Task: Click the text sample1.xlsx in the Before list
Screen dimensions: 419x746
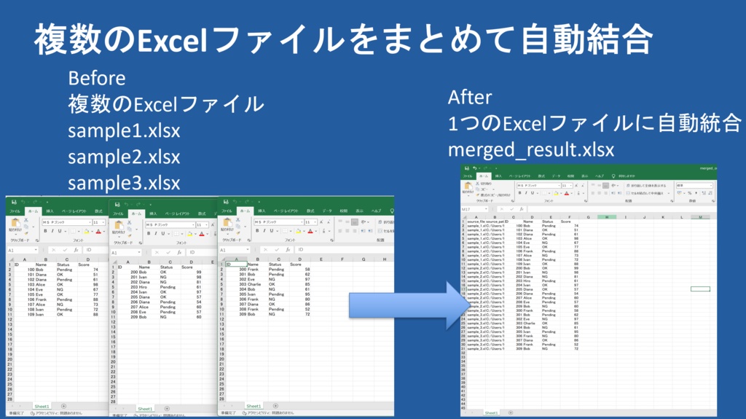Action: pos(124,131)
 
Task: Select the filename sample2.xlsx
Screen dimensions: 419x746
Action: pos(124,157)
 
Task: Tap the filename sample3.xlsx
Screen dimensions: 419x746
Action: pos(124,182)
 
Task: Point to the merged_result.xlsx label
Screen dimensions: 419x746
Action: pos(530,150)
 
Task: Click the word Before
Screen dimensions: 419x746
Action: pos(96,78)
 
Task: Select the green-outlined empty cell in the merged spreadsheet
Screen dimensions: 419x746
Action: pos(699,289)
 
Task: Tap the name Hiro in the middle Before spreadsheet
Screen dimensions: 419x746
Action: pos(144,287)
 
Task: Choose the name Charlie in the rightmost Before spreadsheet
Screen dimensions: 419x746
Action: pos(252,283)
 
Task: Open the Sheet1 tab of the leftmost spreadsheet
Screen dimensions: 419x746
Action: pos(42,406)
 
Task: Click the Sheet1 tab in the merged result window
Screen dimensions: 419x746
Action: pos(492,412)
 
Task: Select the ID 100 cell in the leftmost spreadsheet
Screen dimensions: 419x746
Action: pos(31,270)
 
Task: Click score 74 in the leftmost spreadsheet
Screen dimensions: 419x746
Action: pos(95,270)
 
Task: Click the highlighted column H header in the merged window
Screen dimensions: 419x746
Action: pos(606,216)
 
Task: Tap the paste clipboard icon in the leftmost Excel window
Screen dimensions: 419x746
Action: pos(15,224)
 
